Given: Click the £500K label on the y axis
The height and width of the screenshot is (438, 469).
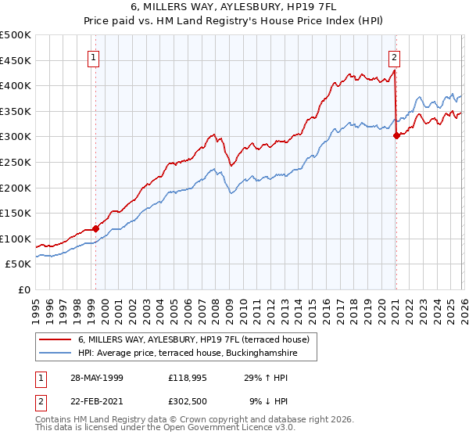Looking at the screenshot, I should click(16, 35).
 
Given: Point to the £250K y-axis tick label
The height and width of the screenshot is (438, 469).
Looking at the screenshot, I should click(16, 163).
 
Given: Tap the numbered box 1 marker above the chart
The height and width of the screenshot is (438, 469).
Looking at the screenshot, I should click(94, 56).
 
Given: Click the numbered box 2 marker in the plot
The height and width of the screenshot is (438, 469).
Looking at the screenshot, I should click(394, 56).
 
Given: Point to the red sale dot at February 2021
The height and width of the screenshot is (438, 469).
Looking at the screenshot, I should click(396, 135).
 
